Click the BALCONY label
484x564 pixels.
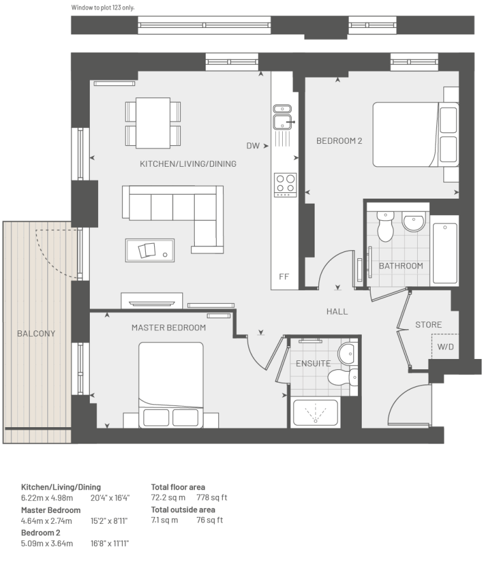[x=36, y=334]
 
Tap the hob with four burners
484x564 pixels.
[x=285, y=185]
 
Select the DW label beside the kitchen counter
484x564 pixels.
[x=253, y=146]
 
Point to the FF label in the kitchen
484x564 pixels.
[x=284, y=277]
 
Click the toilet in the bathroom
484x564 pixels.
[x=385, y=227]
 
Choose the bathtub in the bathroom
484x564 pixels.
[x=445, y=253]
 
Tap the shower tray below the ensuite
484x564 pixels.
[x=316, y=412]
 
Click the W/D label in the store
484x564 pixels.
[x=446, y=347]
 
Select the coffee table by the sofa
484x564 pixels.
[x=150, y=250]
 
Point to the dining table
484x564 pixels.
[x=153, y=123]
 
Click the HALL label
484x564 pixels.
[x=337, y=311]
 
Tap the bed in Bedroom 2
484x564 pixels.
[x=416, y=134]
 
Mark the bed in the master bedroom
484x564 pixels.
[x=171, y=385]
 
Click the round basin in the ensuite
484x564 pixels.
[x=347, y=353]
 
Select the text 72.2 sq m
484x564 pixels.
[x=168, y=497]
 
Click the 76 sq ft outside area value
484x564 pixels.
[x=210, y=520]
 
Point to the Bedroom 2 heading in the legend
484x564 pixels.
[x=41, y=533]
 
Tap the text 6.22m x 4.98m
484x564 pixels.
[x=46, y=498]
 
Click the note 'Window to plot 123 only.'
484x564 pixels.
[x=103, y=8]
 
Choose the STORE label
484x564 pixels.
[x=429, y=325]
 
